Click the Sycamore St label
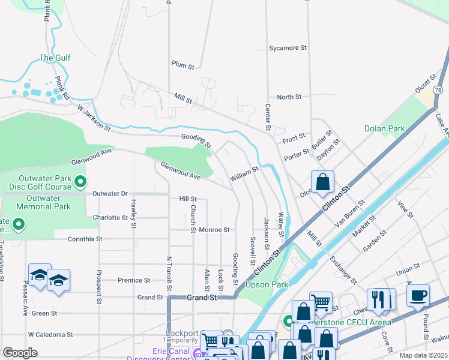[288, 47]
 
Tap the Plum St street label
[182, 65]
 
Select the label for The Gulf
[55, 58]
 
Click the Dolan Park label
[384, 128]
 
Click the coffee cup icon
[418, 295]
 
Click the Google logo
[20, 353]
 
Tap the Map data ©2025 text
[423, 355]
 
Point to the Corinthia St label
[77, 239]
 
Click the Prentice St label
[133, 280]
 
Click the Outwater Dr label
[110, 194]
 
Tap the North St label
[289, 97]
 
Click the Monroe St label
[214, 229]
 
